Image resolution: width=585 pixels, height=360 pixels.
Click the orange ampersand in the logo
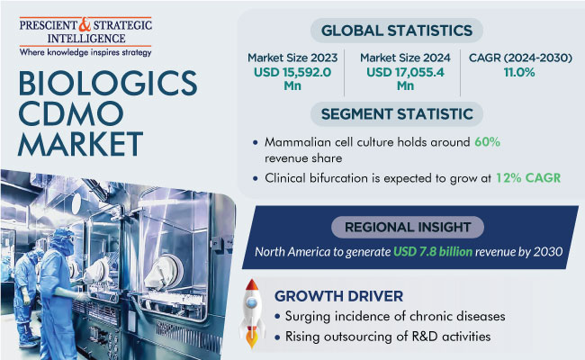pyautogui.click(x=85, y=25)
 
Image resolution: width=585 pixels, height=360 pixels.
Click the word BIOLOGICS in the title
pyautogui.click(x=108, y=83)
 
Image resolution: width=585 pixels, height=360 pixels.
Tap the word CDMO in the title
pyautogui.click(x=71, y=113)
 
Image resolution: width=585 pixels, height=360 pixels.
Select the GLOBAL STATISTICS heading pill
pyautogui.click(x=397, y=31)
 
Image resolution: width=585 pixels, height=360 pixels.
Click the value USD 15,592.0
pyautogui.click(x=292, y=72)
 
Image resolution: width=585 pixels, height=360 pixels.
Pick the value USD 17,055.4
pyautogui.click(x=405, y=72)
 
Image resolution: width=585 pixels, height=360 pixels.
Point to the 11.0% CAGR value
pyautogui.click(x=519, y=72)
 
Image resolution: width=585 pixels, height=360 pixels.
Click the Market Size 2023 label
pyautogui.click(x=292, y=58)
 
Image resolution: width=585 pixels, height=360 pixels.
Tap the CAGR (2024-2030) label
pyautogui.click(x=520, y=58)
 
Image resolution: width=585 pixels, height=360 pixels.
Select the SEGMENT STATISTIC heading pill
pyautogui.click(x=397, y=114)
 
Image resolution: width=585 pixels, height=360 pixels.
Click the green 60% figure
pyautogui.click(x=487, y=142)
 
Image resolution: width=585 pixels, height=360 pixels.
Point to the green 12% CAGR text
pyautogui.click(x=528, y=178)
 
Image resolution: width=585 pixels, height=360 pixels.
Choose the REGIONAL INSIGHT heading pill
pyautogui.click(x=408, y=227)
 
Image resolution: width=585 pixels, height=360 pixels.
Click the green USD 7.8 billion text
pyautogui.click(x=433, y=252)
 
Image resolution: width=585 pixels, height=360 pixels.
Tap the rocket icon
pyautogui.click(x=252, y=313)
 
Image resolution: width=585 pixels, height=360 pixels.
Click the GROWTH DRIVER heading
pyautogui.click(x=338, y=296)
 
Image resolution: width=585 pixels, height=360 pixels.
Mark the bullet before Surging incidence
pyautogui.click(x=277, y=317)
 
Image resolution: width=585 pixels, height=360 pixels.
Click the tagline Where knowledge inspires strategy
pyautogui.click(x=85, y=52)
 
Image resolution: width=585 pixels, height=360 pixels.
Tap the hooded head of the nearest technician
pyautogui.click(x=62, y=241)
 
